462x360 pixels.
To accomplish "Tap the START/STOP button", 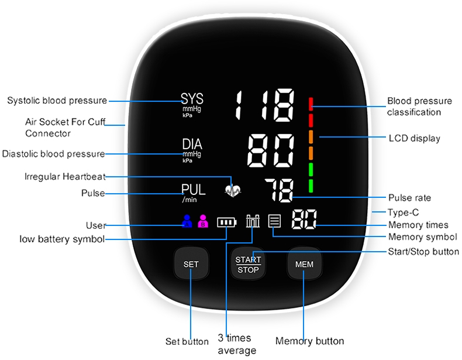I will tap(248, 265).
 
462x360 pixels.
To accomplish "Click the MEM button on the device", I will tap(304, 265).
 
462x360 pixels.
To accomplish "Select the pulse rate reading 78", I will tap(278, 190).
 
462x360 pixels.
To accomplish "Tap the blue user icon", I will tap(187, 222).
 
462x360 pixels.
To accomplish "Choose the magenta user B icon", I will tap(203, 222).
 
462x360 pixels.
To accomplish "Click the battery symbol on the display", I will tap(227, 222).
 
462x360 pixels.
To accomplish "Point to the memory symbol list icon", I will tap(274, 221).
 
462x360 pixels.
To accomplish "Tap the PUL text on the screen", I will tap(193, 190).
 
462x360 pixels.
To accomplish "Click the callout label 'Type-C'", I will tap(404, 212).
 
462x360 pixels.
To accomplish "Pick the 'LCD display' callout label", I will tap(414, 139).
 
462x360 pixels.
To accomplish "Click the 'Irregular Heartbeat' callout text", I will tap(64, 176).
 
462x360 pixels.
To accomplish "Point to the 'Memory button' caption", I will tap(309, 341).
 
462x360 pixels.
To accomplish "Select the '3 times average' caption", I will tap(236, 344).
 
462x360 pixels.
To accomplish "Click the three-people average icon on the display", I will tap(253, 221).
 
